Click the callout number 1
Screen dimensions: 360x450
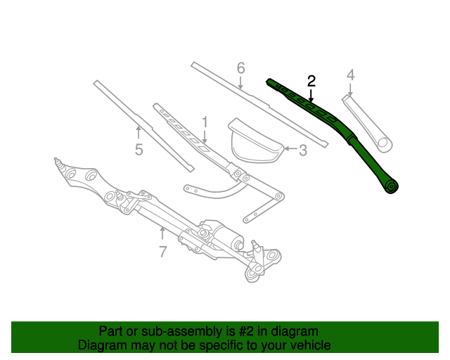tap(205, 122)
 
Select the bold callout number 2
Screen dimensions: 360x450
tap(311, 82)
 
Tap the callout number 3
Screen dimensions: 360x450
tap(303, 150)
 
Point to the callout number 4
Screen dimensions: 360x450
tap(350, 75)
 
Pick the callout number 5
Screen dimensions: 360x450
tap(139, 149)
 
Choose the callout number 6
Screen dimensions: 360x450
tap(240, 68)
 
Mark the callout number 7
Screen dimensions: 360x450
tap(162, 251)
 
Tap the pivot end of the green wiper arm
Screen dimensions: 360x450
tap(391, 186)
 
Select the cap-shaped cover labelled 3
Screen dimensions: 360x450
tap(253, 143)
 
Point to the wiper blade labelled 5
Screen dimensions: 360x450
tap(141, 123)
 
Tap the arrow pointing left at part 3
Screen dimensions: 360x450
tap(289, 149)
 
